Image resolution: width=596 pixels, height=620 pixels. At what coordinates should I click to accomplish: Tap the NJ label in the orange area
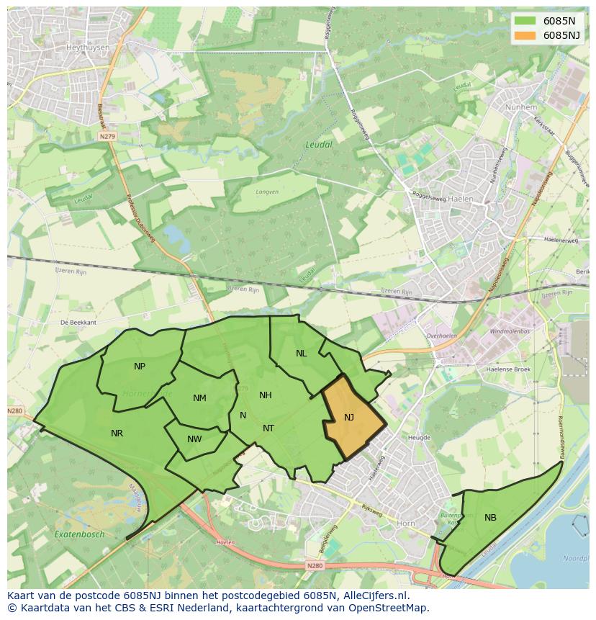click(349, 418)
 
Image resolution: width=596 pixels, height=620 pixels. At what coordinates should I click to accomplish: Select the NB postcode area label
click(490, 518)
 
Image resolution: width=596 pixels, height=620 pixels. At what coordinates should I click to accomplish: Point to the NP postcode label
click(140, 367)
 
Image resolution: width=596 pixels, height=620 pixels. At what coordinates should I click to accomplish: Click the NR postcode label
click(117, 433)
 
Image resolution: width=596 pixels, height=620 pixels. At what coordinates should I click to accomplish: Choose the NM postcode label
click(199, 398)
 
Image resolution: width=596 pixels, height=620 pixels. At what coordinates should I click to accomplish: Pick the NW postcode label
click(194, 439)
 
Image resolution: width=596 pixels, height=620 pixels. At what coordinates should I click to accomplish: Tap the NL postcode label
click(301, 354)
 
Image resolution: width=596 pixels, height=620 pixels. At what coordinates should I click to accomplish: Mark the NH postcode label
click(266, 395)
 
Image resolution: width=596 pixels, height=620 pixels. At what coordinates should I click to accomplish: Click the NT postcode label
click(268, 428)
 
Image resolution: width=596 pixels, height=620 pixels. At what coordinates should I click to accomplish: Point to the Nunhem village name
click(521, 107)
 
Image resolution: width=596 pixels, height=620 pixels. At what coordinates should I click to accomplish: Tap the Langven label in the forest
click(266, 192)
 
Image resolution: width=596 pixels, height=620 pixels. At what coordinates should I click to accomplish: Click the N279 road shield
click(107, 135)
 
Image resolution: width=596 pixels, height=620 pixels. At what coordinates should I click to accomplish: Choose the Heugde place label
click(419, 437)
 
